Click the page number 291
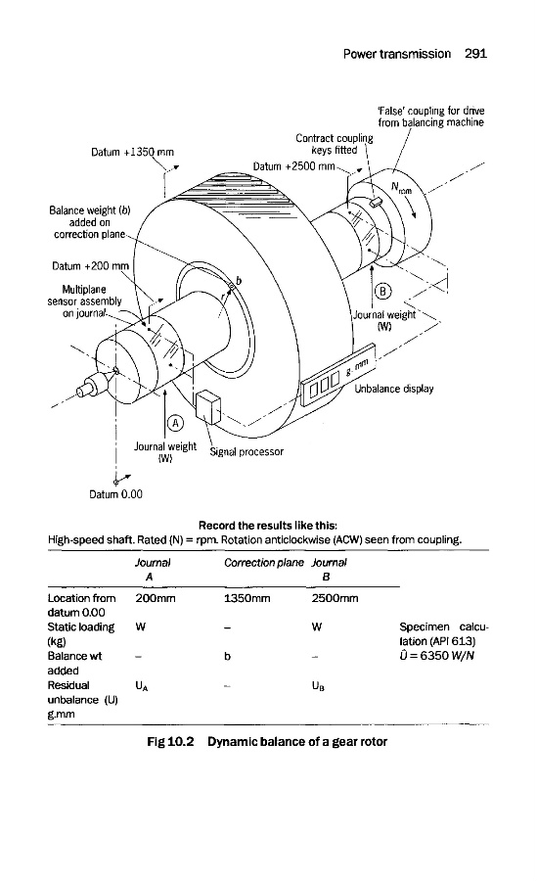[475, 54]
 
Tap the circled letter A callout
[175, 423]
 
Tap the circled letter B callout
[383, 291]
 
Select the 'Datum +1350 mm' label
[133, 153]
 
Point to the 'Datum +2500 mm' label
[293, 166]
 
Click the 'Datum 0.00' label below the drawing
[115, 494]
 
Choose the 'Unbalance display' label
[394, 389]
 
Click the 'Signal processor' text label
[246, 451]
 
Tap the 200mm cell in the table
[155, 598]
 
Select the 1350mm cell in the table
[246, 598]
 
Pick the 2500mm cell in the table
[335, 598]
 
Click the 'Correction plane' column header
[263, 563]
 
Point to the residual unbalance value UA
[142, 686]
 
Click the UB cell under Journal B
[318, 686]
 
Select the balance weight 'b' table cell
[227, 656]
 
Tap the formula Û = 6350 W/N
[436, 655]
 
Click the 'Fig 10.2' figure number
[170, 742]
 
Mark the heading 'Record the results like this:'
[268, 526]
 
